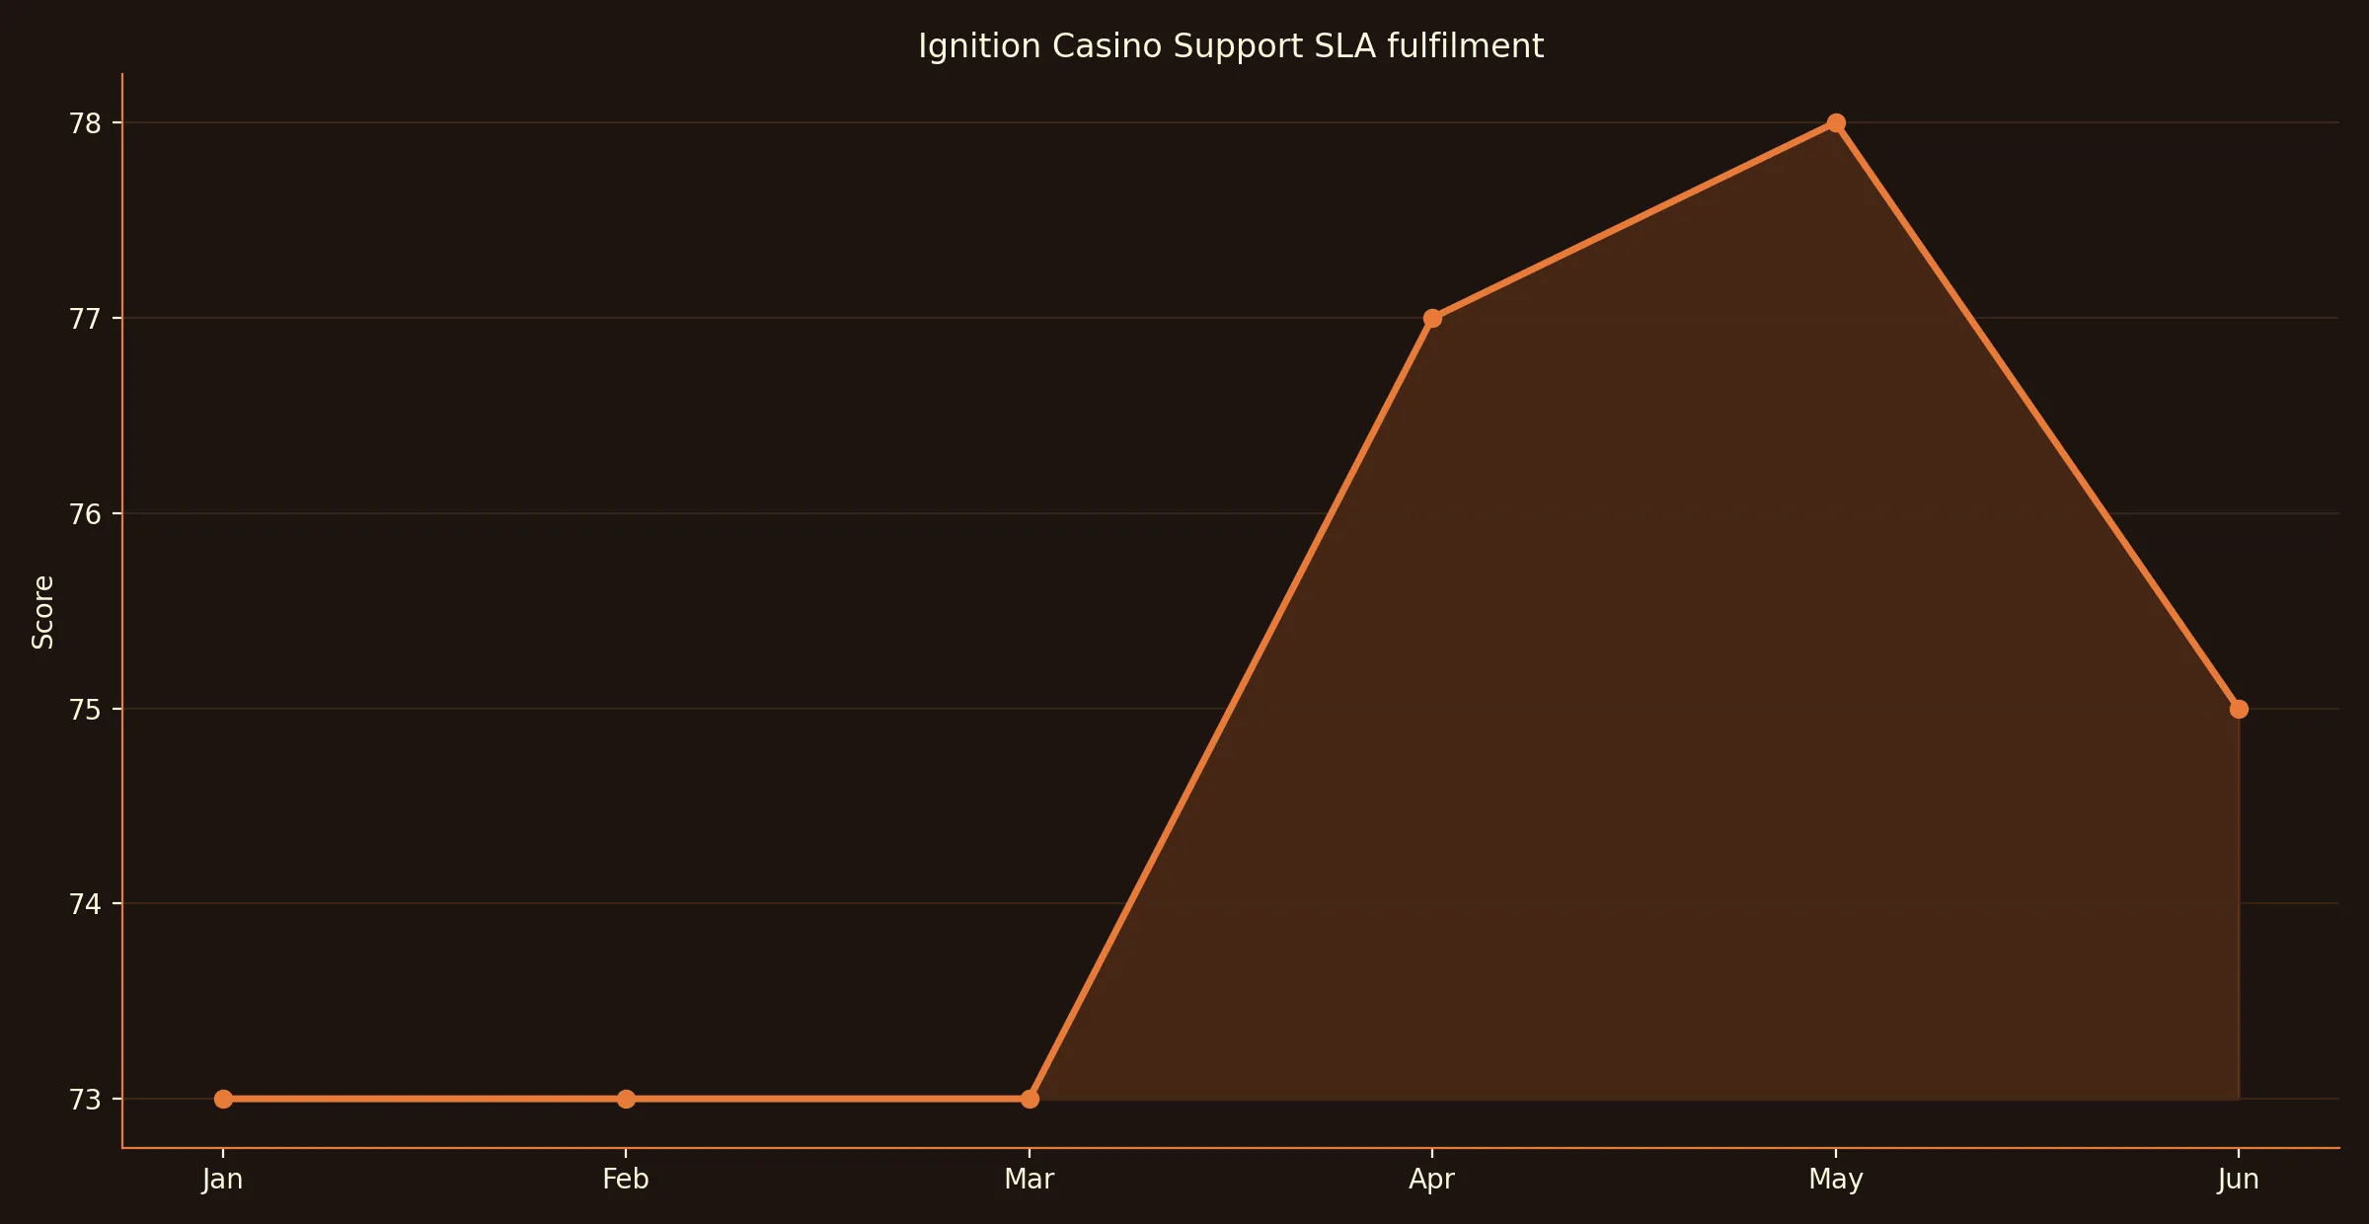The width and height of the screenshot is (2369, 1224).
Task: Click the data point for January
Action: point(223,1099)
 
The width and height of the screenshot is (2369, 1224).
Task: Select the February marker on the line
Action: point(626,1099)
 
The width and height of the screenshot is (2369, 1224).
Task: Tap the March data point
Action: point(1030,1099)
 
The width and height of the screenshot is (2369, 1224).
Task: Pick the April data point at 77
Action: point(1432,318)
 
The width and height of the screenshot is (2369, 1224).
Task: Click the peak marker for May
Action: point(1836,123)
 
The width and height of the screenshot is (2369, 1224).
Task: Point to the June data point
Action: point(2239,709)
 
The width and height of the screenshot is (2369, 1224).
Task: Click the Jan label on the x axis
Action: point(223,1179)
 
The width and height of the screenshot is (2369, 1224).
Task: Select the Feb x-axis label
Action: point(626,1179)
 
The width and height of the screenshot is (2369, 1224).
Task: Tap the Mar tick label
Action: point(1030,1179)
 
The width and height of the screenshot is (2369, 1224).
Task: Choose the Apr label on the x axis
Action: point(1432,1179)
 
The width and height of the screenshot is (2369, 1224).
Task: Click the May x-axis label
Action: point(1836,1179)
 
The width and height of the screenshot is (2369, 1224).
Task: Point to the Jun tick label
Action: point(2238,1179)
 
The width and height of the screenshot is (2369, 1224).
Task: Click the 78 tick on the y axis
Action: point(85,123)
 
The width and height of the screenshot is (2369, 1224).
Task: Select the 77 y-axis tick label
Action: point(85,319)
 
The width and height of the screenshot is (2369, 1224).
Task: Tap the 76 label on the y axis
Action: point(85,514)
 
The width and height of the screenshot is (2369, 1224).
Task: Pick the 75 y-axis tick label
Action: point(85,710)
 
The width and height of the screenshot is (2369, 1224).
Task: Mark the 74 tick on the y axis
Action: point(85,904)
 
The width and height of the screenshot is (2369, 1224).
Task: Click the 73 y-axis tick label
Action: point(85,1100)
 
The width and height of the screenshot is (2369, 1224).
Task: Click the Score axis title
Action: point(42,612)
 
